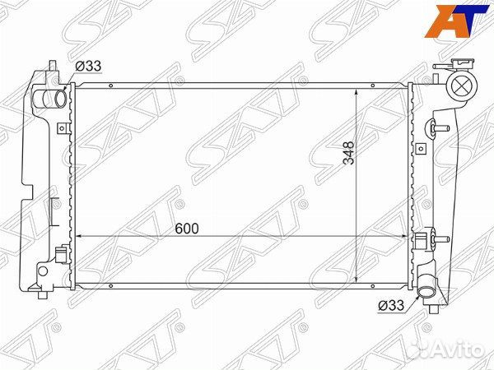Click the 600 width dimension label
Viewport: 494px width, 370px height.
[187, 229]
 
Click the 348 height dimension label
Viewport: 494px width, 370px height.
[349, 153]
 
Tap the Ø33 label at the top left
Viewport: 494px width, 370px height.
[88, 66]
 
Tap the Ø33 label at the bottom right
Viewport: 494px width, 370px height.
[391, 305]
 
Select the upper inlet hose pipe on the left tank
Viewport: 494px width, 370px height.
[49, 99]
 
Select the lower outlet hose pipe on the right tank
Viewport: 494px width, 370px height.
[426, 286]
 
